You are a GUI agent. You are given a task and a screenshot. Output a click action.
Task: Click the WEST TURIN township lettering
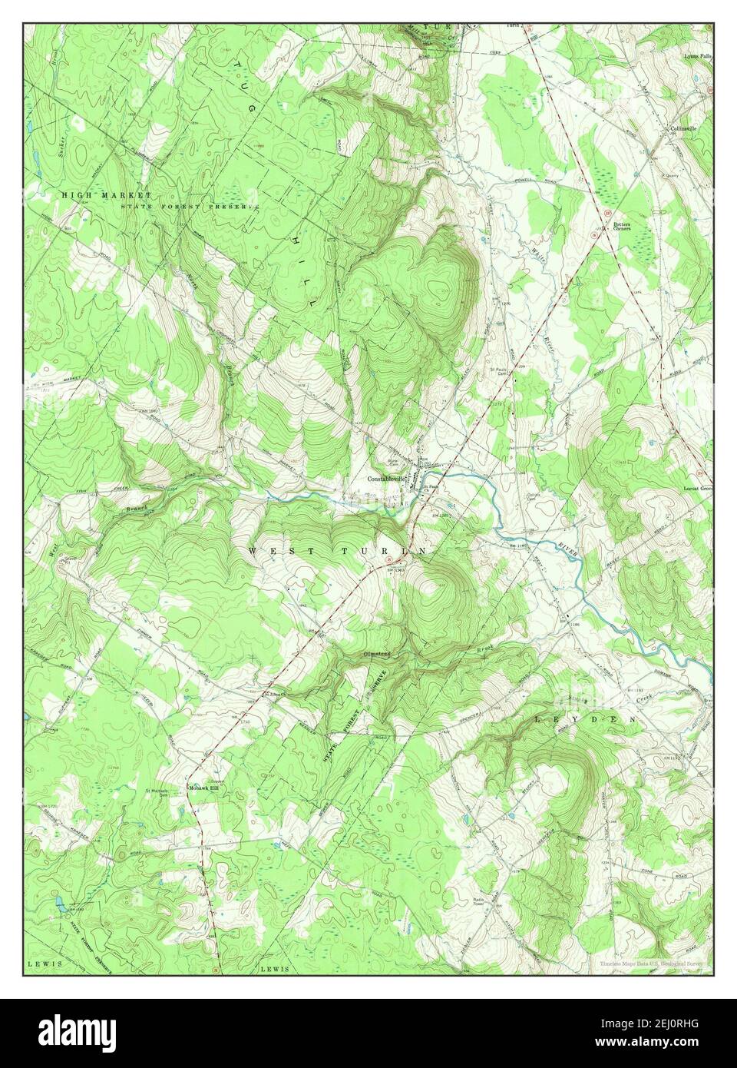(338, 552)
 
